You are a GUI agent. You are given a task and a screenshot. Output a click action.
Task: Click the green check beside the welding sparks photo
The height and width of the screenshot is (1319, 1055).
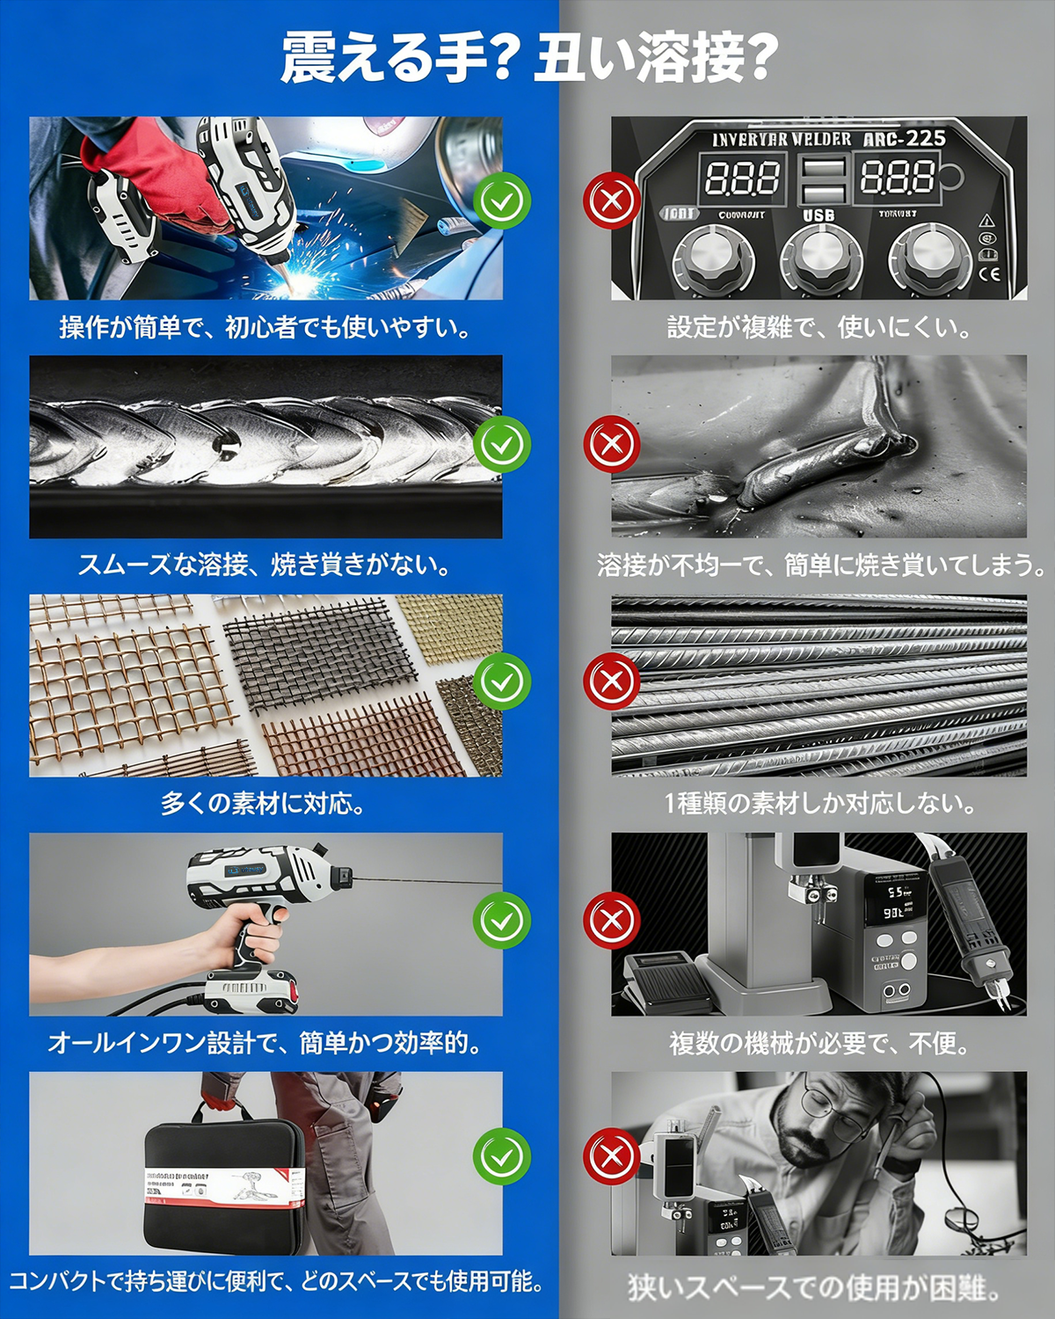(x=502, y=201)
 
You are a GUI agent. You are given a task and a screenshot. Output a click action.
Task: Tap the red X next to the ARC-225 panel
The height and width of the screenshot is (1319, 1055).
(x=612, y=201)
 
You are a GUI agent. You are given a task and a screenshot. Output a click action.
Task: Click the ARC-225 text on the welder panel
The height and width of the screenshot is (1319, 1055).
(x=904, y=139)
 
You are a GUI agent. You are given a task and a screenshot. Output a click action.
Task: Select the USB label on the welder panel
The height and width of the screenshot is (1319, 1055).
(x=819, y=215)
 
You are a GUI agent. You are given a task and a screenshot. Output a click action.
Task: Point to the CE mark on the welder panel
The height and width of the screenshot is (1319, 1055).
(x=990, y=273)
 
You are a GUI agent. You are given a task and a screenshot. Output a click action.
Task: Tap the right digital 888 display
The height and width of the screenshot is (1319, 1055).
(x=897, y=178)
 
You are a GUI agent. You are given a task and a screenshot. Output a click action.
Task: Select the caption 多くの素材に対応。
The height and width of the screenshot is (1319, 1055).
(x=263, y=803)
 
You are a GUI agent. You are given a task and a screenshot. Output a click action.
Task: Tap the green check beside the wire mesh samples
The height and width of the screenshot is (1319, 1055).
(x=502, y=681)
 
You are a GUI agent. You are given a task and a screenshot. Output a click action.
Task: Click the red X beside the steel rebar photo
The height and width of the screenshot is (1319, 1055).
(x=612, y=681)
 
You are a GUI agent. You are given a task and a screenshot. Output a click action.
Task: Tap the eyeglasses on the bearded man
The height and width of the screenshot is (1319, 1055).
(x=835, y=1110)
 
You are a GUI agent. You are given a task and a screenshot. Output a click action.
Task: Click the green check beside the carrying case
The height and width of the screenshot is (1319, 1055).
(x=502, y=1157)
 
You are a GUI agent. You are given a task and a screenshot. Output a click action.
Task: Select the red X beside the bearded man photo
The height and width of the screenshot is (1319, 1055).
(x=612, y=1157)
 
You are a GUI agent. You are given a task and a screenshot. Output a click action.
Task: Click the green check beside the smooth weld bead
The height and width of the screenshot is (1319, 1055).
(x=502, y=444)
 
